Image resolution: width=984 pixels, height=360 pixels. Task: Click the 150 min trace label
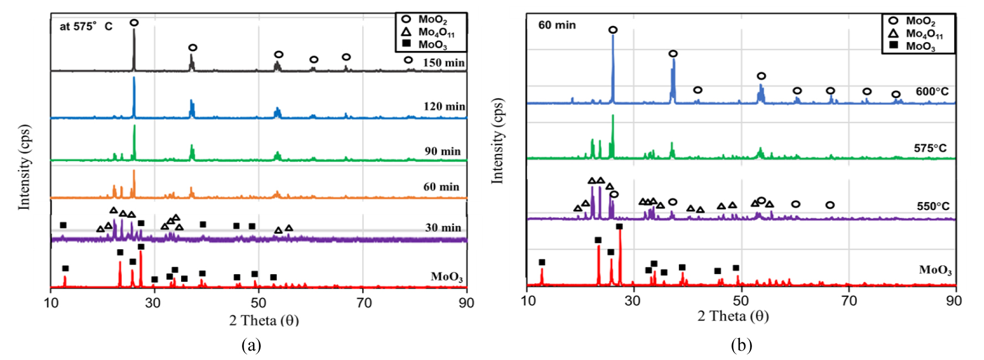(444, 63)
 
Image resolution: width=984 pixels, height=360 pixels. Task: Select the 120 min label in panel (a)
(444, 106)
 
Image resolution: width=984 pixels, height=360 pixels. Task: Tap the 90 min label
(442, 151)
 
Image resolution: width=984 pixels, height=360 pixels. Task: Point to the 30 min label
(443, 228)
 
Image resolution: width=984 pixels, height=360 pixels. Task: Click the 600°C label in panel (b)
(932, 91)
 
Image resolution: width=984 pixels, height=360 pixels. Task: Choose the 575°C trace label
(930, 148)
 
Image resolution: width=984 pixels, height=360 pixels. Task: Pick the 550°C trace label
(933, 206)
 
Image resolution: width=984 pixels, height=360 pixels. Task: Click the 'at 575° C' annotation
(86, 27)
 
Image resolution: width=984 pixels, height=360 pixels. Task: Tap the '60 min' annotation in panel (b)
(557, 25)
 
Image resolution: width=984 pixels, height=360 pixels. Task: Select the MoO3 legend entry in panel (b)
(920, 47)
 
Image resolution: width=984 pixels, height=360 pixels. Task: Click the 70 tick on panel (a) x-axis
(364, 303)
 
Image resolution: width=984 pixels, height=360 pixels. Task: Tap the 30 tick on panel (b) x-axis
(632, 300)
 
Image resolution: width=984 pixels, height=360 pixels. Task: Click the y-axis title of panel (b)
(497, 141)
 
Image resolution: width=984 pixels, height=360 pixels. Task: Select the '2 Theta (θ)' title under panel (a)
(264, 320)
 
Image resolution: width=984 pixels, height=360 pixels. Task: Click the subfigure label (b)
(741, 346)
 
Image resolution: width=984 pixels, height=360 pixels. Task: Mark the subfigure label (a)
(251, 346)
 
